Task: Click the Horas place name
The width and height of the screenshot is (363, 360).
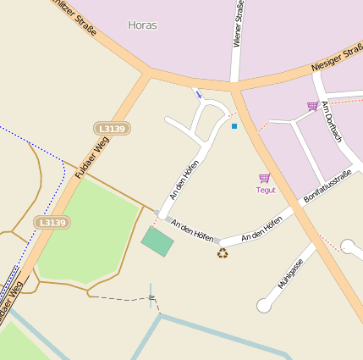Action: [x=142, y=25]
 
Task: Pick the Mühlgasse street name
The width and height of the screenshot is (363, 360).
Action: [x=290, y=273]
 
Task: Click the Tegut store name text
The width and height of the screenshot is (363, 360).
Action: [x=266, y=190]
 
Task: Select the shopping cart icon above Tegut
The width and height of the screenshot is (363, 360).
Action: [x=265, y=178]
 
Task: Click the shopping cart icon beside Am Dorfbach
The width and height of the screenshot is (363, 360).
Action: [x=312, y=106]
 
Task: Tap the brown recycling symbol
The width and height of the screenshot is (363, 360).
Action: [x=223, y=252]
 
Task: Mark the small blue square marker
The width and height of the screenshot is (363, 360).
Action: [x=234, y=126]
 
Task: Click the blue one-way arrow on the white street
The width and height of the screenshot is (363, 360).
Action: [x=197, y=93]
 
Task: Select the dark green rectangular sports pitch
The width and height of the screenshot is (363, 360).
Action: [x=157, y=241]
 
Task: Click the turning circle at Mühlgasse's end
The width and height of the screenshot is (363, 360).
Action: [x=264, y=306]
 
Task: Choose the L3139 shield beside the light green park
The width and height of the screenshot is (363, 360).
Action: [x=52, y=222]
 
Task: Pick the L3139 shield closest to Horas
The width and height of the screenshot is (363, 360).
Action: [x=112, y=129]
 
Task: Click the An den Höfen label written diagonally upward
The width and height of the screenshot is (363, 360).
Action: [x=184, y=180]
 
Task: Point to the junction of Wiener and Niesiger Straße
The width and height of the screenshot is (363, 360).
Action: [x=234, y=86]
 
